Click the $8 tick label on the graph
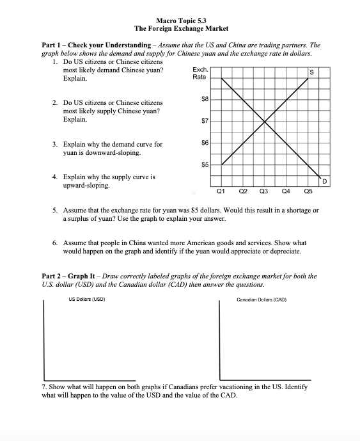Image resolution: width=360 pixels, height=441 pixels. point(205,99)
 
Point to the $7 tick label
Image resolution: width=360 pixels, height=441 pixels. point(205,120)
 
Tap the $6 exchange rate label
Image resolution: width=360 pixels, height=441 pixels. point(205,142)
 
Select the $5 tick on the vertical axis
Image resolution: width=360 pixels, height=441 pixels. point(205,164)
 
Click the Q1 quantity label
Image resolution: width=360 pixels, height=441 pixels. point(221,191)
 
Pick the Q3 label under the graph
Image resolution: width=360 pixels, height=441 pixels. point(264,191)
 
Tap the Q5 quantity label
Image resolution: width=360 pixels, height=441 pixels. point(308,191)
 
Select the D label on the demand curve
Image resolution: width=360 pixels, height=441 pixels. point(324,183)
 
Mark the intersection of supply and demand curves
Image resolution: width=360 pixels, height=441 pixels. point(265,121)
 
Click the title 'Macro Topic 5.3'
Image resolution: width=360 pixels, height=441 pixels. point(181,21)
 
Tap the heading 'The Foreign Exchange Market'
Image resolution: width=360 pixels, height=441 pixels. point(181,29)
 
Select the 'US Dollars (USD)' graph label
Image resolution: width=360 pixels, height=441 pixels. point(86,299)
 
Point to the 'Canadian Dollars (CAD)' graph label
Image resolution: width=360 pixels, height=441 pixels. point(261,299)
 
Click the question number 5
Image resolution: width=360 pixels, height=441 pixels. point(55,210)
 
